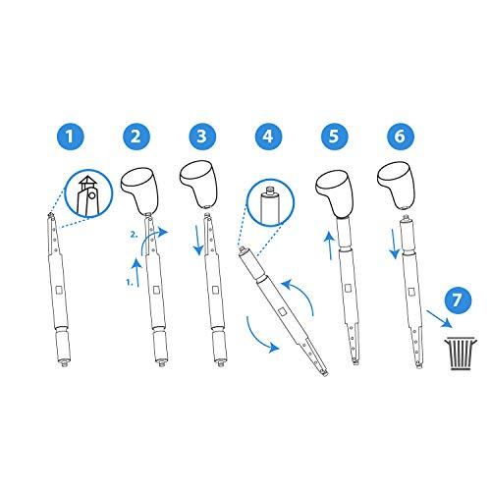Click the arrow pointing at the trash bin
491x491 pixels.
[436, 320]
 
